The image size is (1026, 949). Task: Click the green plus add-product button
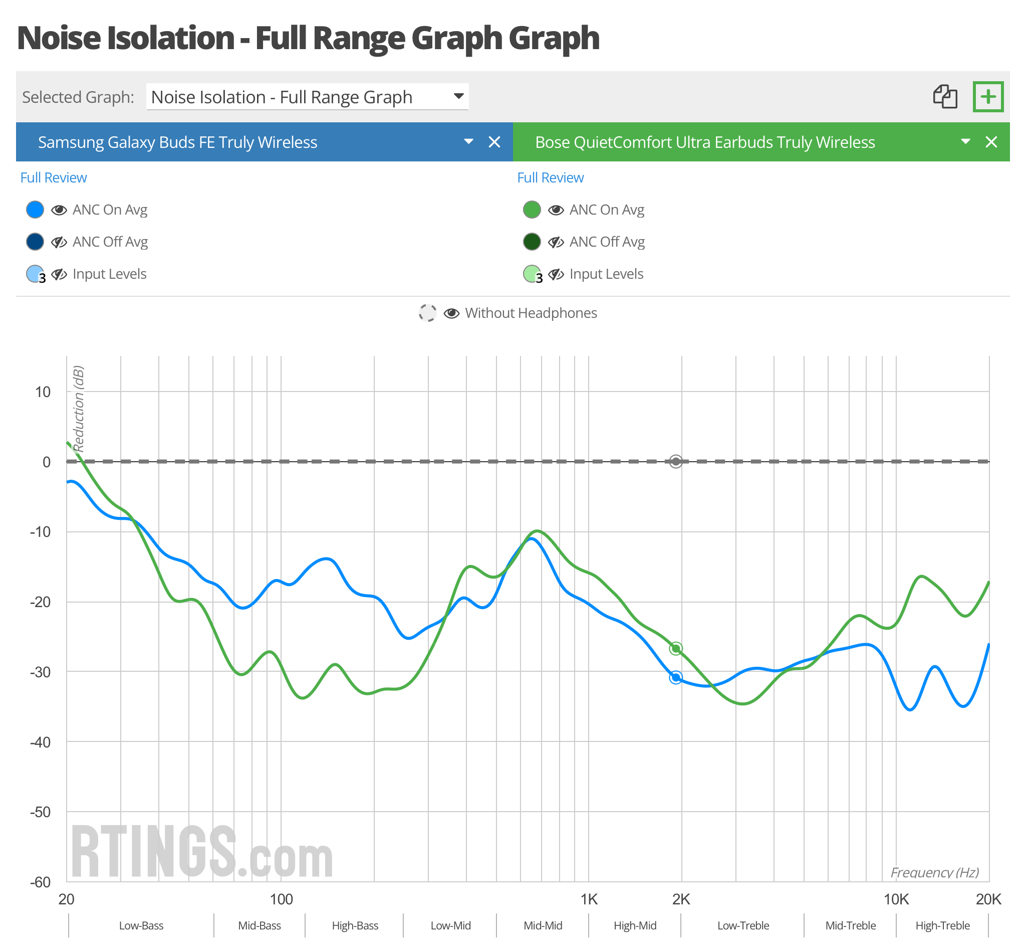(x=987, y=97)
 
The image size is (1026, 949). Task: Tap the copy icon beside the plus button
(x=945, y=97)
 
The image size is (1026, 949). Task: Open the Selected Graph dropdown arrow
(x=459, y=96)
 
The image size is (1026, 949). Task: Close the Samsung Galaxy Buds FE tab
(x=494, y=142)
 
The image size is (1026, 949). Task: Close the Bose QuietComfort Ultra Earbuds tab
(x=991, y=142)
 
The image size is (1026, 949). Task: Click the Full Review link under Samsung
(x=54, y=177)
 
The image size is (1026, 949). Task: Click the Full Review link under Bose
(x=550, y=177)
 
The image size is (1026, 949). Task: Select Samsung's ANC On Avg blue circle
(x=35, y=210)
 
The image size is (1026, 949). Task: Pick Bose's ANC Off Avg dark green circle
(x=532, y=241)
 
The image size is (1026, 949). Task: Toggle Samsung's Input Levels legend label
(x=109, y=274)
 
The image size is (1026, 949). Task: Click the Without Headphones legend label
(x=531, y=313)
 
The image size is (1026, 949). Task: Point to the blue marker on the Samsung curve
(x=676, y=678)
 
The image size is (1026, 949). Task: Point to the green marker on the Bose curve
(x=676, y=649)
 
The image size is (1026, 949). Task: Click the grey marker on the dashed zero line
(x=676, y=462)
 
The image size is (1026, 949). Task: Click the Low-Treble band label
(x=742, y=926)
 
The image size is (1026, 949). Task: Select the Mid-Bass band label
(x=259, y=926)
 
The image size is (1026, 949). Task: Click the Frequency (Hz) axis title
(x=934, y=872)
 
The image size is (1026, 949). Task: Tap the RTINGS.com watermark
(x=201, y=852)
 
